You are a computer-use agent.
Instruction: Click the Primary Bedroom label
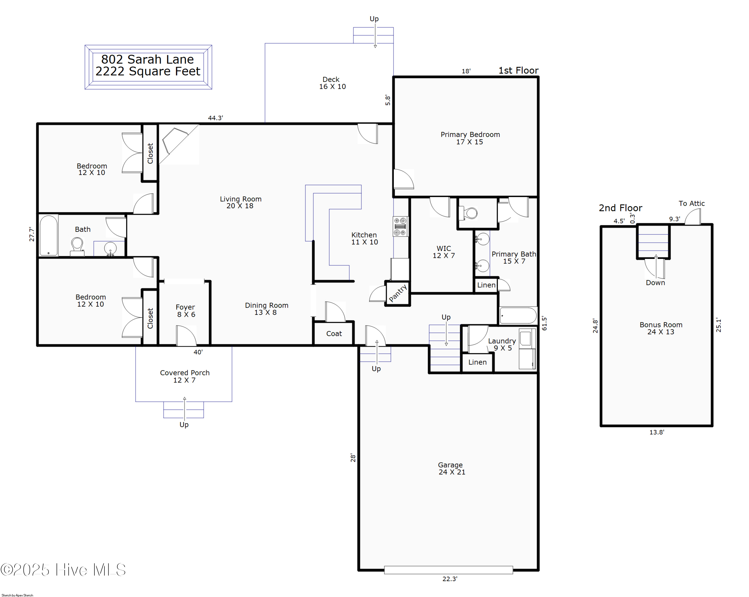[470, 138]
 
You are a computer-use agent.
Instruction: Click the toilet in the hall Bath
[77, 247]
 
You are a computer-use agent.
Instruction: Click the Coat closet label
[334, 334]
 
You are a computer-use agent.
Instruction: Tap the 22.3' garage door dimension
[450, 579]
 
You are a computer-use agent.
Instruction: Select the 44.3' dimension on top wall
[215, 118]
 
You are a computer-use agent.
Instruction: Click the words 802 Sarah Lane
[147, 59]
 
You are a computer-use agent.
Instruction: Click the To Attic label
[691, 203]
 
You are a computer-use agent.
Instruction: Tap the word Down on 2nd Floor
[655, 283]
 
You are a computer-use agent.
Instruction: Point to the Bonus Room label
[661, 328]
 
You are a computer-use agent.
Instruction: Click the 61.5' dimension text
[544, 323]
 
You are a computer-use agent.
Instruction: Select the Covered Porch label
[185, 376]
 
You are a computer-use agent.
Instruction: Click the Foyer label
[185, 311]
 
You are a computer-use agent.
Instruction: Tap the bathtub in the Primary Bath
[518, 316]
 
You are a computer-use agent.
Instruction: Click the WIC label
[444, 252]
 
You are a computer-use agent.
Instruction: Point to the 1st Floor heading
[518, 70]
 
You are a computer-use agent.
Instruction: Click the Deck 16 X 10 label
[332, 83]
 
